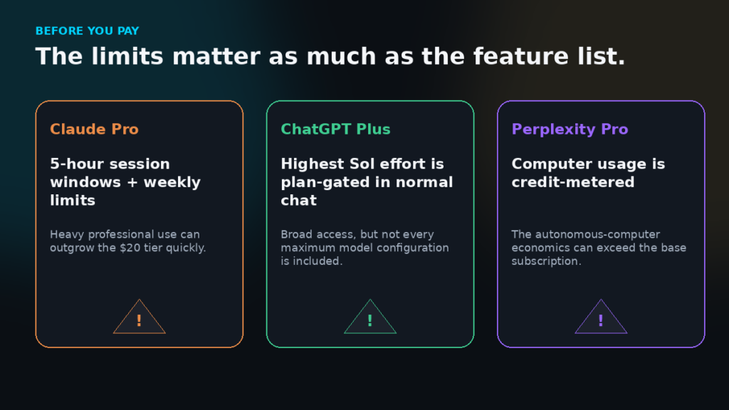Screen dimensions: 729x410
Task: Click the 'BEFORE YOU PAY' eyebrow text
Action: [x=88, y=31]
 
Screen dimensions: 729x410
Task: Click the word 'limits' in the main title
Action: [x=127, y=56]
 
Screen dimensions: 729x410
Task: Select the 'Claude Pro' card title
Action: [x=95, y=129]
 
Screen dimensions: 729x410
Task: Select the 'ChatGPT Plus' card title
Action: [x=336, y=129]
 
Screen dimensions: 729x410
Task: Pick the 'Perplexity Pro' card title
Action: [x=570, y=130]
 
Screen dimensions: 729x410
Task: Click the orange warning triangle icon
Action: [x=139, y=317]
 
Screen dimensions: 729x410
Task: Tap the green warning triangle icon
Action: [x=370, y=317]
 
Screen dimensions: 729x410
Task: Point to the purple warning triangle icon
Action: [x=601, y=317]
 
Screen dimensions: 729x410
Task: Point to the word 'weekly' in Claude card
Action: [x=172, y=182]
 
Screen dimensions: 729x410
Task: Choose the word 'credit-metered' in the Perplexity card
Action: [x=573, y=182]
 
